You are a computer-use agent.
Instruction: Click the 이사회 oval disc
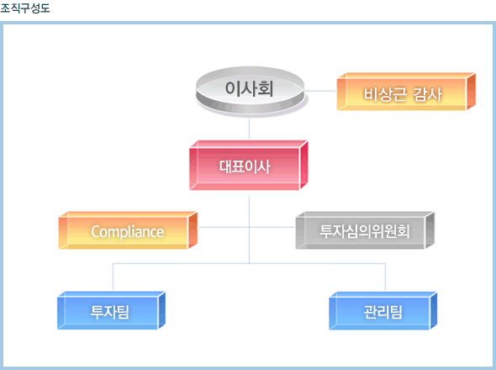[250, 90]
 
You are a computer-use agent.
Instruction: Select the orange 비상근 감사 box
[406, 92]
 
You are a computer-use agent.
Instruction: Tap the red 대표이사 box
[249, 165]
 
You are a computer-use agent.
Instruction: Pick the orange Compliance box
[128, 230]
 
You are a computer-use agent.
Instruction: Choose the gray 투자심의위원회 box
[365, 230]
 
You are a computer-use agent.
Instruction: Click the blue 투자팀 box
[111, 310]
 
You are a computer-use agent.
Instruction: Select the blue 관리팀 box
[383, 310]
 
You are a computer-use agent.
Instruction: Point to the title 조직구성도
[25, 8]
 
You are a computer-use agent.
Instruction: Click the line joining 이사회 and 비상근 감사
[320, 91]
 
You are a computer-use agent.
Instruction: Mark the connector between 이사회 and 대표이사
[249, 129]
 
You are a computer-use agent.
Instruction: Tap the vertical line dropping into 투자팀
[113, 277]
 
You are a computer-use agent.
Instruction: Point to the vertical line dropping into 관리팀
[385, 277]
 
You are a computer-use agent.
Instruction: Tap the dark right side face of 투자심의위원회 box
[430, 230]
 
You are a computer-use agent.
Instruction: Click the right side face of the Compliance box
[193, 230]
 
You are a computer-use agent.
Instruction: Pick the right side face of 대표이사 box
[303, 165]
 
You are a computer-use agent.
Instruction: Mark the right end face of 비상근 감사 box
[471, 92]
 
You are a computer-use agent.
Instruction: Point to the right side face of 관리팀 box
[433, 310]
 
